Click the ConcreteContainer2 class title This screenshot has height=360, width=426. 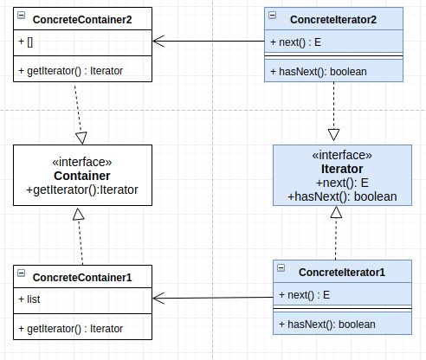coord(82,20)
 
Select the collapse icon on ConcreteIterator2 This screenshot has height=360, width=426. coord(273,15)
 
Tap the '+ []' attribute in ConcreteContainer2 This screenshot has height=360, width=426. coord(26,42)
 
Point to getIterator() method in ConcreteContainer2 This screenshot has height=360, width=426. coord(71,71)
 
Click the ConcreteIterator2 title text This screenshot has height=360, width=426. coord(333,20)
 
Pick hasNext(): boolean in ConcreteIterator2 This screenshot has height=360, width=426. coord(319,72)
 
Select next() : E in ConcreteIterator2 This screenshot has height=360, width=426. coord(296,42)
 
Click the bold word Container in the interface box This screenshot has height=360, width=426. coord(82,176)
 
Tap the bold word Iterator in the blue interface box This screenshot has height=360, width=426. coord(342,169)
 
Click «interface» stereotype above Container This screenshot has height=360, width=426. coord(82,162)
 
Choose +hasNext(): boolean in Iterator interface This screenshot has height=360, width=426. coord(342,196)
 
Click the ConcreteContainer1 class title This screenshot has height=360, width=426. coord(82,277)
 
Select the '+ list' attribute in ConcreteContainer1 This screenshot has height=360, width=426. coord(29,299)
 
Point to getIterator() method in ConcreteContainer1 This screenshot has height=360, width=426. coord(71,329)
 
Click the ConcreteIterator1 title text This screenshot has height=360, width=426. coord(342,273)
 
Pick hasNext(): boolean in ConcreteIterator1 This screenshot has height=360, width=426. coord(327,325)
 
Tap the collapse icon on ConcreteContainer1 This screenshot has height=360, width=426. coord(22,273)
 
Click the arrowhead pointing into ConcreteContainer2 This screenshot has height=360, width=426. coord(158,41)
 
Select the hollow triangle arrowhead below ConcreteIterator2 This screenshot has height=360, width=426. coord(333,135)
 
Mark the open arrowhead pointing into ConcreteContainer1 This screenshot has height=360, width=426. coord(158,298)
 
